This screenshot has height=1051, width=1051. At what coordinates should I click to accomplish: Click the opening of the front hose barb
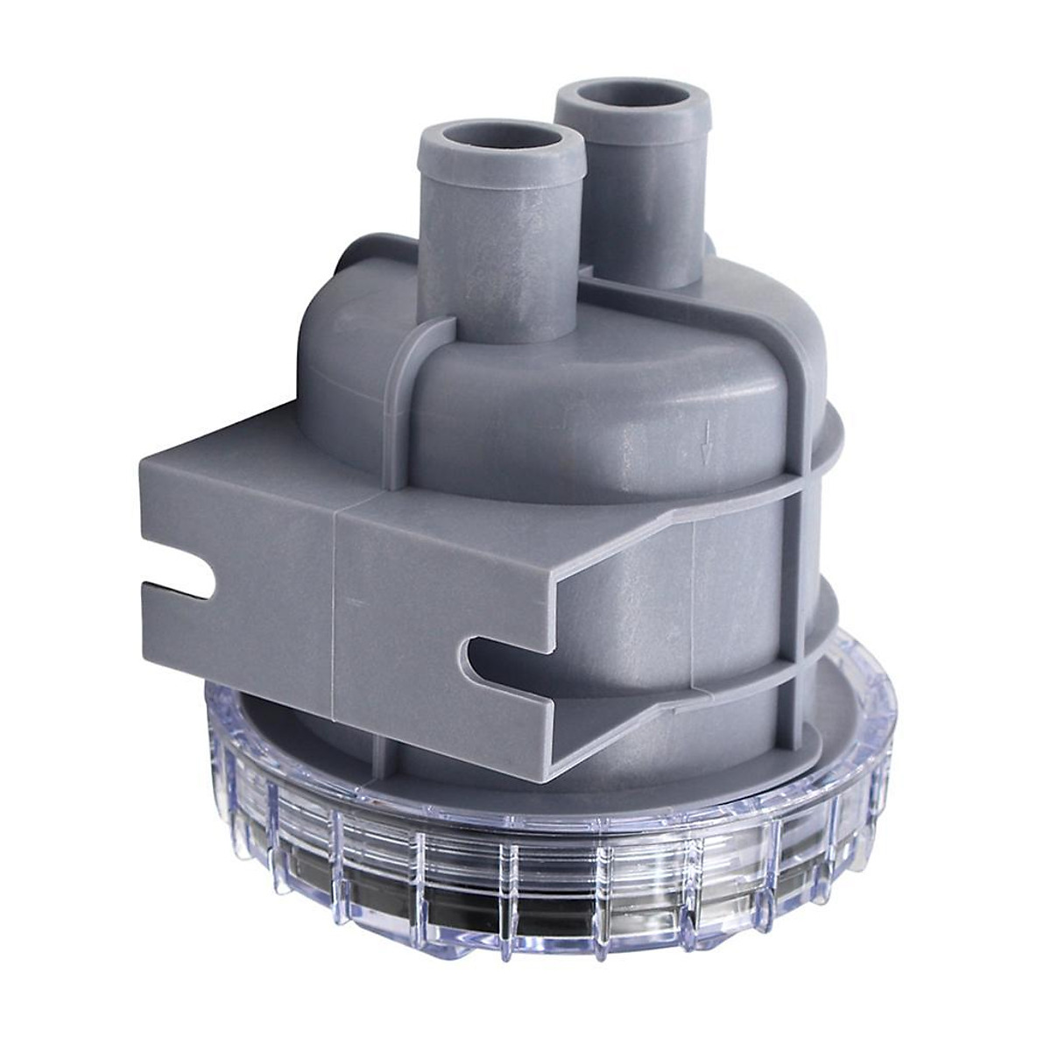coord(501,143)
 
